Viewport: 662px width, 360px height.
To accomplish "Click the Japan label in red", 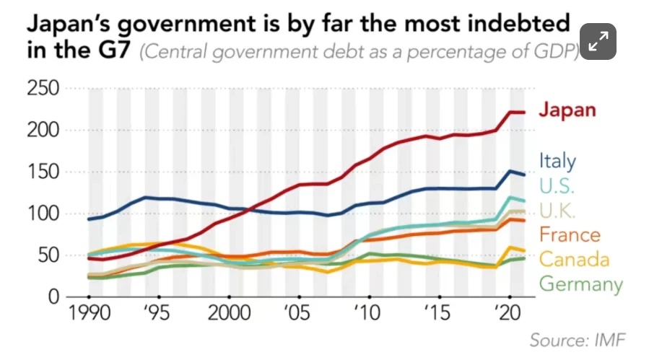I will pyautogui.click(x=568, y=110).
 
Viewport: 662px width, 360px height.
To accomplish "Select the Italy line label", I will pyautogui.click(x=557, y=161).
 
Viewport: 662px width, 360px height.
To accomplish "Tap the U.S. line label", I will pyautogui.click(x=557, y=185).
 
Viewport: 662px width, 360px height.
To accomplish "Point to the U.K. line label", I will pyautogui.click(x=557, y=211).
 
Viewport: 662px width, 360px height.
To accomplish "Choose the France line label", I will pyautogui.click(x=569, y=235).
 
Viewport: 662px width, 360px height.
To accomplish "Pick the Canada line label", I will pyautogui.click(x=574, y=259).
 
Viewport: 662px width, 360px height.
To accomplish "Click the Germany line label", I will pyautogui.click(x=580, y=284).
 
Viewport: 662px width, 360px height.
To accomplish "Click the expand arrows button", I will pyautogui.click(x=598, y=43).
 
